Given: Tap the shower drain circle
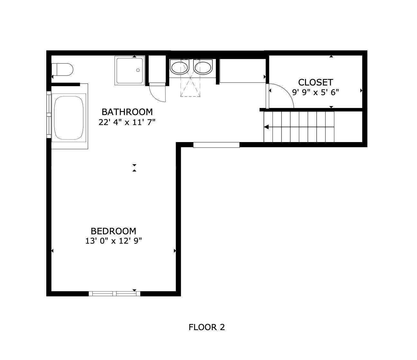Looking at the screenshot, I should tap(138, 70).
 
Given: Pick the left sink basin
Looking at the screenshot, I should tap(179, 68).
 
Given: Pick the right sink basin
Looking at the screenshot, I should tap(203, 68).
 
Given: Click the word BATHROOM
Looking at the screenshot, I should tap(127, 112).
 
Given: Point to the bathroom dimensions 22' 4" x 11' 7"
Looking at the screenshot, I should tap(127, 122).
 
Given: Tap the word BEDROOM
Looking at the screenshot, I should tap(113, 231).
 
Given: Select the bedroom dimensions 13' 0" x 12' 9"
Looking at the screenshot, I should tap(113, 241).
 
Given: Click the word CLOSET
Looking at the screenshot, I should tap(315, 82).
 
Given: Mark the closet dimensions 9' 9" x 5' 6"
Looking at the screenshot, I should tap(315, 92).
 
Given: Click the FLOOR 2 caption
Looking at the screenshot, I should tap(207, 327).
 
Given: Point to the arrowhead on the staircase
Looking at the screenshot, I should tap(266, 127).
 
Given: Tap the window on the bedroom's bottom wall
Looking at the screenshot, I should tap(115, 293).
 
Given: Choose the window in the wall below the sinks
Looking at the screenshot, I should tap(216, 145).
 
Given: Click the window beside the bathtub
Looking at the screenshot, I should tap(49, 114).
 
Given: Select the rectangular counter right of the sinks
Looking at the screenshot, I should tap(242, 71).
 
